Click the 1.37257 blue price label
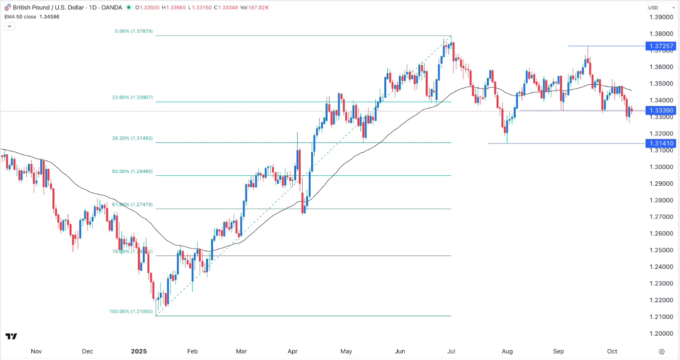tap(661, 46)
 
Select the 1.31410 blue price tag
tap(661, 143)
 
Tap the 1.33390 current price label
tap(661, 111)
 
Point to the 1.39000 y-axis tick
tap(661, 17)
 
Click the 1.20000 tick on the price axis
tap(661, 333)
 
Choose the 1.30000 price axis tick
tap(661, 167)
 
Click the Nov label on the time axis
tap(36, 351)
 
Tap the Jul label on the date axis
tap(452, 351)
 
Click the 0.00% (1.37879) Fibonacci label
tap(133, 31)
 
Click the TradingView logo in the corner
tap(11, 337)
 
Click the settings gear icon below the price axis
tap(661, 351)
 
